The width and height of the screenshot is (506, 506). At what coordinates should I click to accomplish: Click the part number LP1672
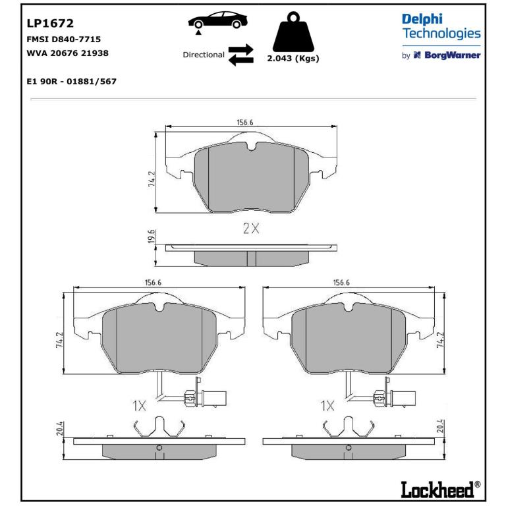[x=50, y=23]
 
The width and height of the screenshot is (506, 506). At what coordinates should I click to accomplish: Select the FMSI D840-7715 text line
[x=63, y=40]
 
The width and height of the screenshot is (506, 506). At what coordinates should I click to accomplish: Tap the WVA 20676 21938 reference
[x=67, y=53]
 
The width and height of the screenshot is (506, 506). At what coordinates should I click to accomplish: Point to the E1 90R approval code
[x=71, y=81]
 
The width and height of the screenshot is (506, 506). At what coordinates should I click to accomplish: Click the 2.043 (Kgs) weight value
[x=293, y=59]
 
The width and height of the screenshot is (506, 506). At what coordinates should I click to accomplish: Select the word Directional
[x=204, y=55]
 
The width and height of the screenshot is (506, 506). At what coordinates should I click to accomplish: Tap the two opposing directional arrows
[x=241, y=55]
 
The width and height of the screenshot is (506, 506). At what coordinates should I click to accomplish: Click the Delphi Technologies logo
[x=441, y=26]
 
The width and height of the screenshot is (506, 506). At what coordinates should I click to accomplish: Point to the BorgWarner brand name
[x=453, y=55]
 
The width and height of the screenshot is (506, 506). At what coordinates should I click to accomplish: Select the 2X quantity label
[x=251, y=229]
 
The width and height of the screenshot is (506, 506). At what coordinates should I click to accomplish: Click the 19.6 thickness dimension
[x=151, y=237]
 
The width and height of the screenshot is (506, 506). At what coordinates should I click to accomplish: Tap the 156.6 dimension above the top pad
[x=245, y=123]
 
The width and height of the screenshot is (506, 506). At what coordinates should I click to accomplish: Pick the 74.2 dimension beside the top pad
[x=152, y=179]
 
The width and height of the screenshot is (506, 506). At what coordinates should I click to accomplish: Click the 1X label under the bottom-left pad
[x=140, y=406]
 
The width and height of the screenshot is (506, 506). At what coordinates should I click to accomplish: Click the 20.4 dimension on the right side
[x=441, y=427]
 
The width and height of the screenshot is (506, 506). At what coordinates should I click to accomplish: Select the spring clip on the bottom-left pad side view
[x=159, y=427]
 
